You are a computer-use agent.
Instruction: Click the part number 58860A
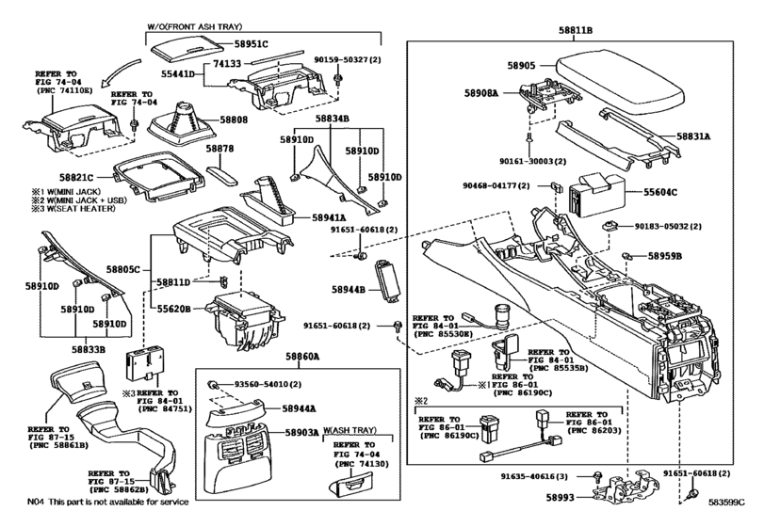pyautogui.click(x=301, y=358)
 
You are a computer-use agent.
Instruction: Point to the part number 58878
pyautogui.click(x=219, y=149)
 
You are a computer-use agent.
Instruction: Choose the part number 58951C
pyautogui.click(x=252, y=43)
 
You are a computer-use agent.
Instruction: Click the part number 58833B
pyautogui.click(x=90, y=348)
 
